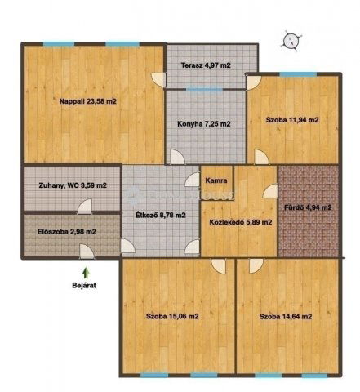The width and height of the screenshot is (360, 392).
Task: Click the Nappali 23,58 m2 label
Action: point(88,101)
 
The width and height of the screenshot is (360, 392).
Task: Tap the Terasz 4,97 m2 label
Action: point(206,65)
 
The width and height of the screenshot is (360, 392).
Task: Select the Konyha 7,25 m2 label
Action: point(204,124)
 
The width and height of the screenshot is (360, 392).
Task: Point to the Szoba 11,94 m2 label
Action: point(292,120)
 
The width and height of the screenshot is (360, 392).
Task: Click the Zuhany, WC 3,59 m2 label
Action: point(73,185)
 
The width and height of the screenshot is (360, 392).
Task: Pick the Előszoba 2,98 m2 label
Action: point(67,232)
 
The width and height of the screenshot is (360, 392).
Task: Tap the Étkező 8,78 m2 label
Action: point(161,215)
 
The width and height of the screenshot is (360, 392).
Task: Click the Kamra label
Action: point(216,180)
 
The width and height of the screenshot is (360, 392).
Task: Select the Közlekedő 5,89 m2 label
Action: point(241,222)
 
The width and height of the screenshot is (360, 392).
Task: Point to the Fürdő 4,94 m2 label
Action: point(308,207)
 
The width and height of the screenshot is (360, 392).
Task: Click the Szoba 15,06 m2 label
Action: point(172,316)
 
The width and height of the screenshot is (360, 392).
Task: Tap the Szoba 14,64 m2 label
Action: point(286,317)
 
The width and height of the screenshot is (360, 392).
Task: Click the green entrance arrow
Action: point(86,273)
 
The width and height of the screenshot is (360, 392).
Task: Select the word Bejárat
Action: point(84,286)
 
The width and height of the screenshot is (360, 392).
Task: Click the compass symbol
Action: point(292,41)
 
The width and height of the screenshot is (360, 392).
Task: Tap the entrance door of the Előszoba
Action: point(87,252)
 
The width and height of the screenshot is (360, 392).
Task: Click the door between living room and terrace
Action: point(159,80)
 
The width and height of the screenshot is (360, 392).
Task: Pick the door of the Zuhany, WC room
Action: point(85,207)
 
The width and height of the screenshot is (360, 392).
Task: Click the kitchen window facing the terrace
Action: point(205,89)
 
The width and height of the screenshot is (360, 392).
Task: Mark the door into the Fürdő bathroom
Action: point(270,191)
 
